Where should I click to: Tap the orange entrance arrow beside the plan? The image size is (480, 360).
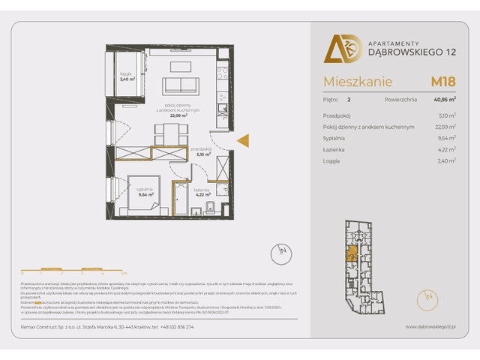pyautogui.click(x=243, y=139)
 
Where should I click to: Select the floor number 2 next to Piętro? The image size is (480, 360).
pyautogui.click(x=349, y=99)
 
